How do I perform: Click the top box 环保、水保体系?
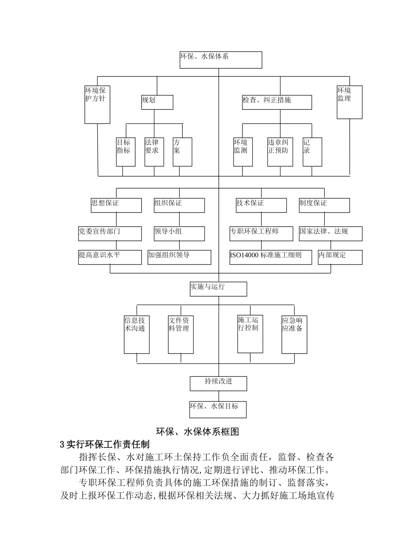tap(220, 60)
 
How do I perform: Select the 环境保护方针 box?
tap(97, 104)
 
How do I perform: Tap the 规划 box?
tap(157, 102)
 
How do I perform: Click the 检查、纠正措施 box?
tap(277, 102)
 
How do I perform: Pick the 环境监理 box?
tap(349, 102)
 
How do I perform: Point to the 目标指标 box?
tap(126, 152)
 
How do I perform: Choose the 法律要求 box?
tap(154, 152)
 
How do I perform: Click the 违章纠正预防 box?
tap(280, 152)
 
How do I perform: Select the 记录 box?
tap(312, 152)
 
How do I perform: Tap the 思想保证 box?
tap(116, 205)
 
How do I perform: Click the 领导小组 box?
tap(179, 233)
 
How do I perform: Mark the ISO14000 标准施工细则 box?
tap(270, 257)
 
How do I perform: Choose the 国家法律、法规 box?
tap(330, 233)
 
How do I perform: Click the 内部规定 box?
tap(340, 257)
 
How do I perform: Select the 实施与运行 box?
tap(218, 289)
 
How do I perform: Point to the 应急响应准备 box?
tap(294, 334)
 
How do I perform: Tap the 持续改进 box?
tap(218, 383)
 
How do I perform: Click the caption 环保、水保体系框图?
tap(197, 431)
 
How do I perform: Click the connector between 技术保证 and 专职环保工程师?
tap(261, 219)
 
